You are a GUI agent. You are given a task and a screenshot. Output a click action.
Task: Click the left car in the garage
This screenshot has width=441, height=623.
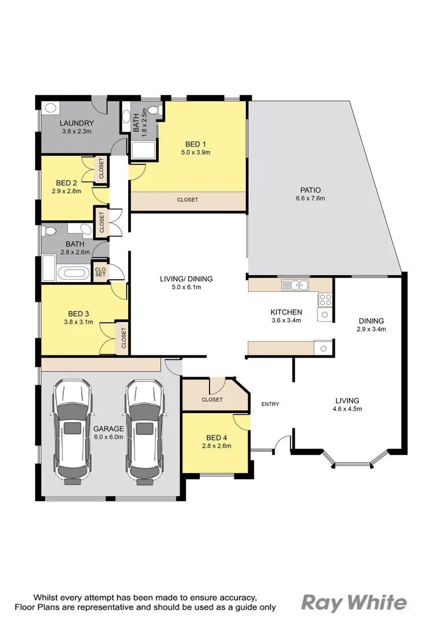72,430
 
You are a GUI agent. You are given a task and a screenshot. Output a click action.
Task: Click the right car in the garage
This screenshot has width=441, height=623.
145,430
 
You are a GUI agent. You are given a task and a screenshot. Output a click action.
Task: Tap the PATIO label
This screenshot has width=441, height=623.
310,190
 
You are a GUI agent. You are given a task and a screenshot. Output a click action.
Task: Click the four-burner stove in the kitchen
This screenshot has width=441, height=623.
325,299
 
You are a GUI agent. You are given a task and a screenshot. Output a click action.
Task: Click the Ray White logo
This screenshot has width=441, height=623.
354,603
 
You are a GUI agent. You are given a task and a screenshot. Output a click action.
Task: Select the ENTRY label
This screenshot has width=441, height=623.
270,404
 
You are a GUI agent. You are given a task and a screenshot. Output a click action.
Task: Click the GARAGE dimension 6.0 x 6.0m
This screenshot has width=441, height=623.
109,437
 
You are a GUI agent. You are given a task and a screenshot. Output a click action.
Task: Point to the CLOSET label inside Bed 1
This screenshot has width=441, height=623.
188,200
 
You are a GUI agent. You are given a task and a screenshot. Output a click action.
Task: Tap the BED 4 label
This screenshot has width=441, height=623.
217,437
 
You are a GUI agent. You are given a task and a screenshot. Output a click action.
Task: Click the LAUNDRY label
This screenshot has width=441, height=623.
76,123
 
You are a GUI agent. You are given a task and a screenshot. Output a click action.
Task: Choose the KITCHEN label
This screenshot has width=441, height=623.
286,312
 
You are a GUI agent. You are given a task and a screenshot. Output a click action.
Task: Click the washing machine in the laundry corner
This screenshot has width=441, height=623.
49,107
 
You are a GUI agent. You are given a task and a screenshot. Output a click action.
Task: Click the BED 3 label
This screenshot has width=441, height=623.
79,314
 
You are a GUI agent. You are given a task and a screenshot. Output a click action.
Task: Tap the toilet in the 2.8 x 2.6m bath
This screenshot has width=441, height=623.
51,231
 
